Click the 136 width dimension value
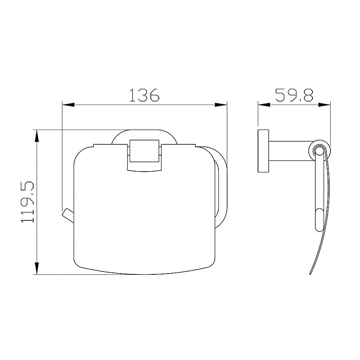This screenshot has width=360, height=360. [x=144, y=95]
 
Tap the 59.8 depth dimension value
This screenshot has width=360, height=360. [x=294, y=95]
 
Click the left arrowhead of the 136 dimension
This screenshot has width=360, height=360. [x=68, y=105]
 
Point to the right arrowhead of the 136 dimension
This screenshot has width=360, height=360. [x=221, y=105]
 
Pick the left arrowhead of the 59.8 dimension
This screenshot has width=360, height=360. [x=264, y=105]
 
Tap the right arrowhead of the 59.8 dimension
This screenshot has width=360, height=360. [x=324, y=105]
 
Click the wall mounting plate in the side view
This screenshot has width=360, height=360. [x=263, y=151]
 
